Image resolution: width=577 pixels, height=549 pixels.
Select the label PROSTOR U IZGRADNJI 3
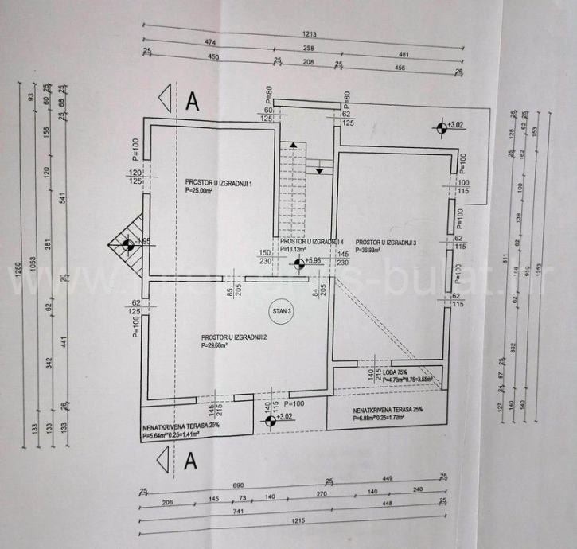tap(386, 242)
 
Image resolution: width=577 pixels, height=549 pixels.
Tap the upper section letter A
tap(191, 101)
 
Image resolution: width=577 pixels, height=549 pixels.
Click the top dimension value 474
tap(209, 41)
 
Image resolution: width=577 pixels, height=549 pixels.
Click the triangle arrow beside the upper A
tap(165, 99)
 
